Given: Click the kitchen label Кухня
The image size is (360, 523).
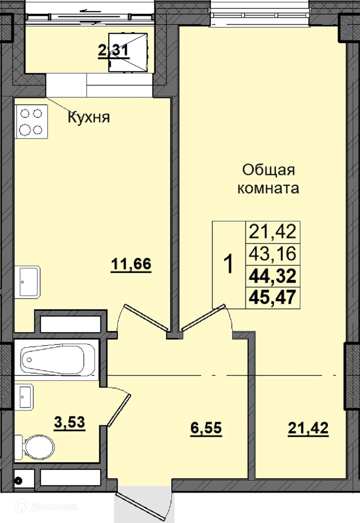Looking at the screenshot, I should click(89, 117).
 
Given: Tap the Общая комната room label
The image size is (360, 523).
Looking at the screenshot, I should click(268, 179).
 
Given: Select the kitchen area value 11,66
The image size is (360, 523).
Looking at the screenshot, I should click(131, 264).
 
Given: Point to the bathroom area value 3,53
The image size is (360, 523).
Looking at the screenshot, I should click(69, 423).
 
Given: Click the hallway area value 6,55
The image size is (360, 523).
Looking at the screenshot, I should click(206, 428).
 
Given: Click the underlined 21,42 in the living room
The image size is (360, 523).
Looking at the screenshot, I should click(308, 428).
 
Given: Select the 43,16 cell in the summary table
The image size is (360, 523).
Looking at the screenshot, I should click(272, 253).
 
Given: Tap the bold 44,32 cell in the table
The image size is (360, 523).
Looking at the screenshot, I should click(272, 276).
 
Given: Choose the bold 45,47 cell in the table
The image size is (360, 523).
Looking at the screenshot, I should click(272, 297).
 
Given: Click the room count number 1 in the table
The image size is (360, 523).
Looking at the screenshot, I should click(229, 265).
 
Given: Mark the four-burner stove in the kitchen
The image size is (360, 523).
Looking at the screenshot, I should click(31, 122).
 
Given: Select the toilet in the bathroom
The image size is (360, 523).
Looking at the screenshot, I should click(36, 446).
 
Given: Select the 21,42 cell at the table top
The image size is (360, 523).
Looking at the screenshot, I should click(272, 231).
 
